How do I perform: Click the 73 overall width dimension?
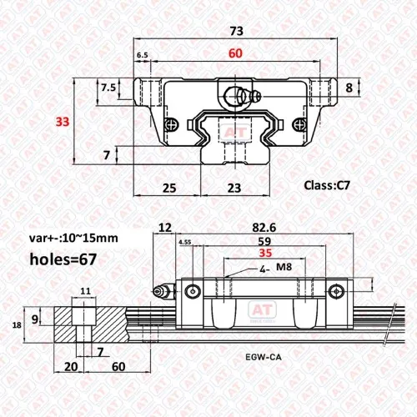237,31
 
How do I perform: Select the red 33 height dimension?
63,122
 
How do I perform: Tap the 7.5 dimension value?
108,88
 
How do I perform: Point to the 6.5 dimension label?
143,55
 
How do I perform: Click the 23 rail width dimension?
234,188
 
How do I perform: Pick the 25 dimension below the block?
169,188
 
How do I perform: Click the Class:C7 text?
327,185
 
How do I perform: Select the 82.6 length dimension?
264,228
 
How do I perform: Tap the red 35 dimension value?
265,253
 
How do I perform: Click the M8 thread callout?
284,267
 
